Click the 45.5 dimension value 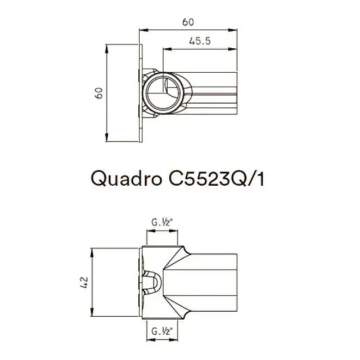pos(197,42)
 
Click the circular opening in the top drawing pos(164,92)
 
